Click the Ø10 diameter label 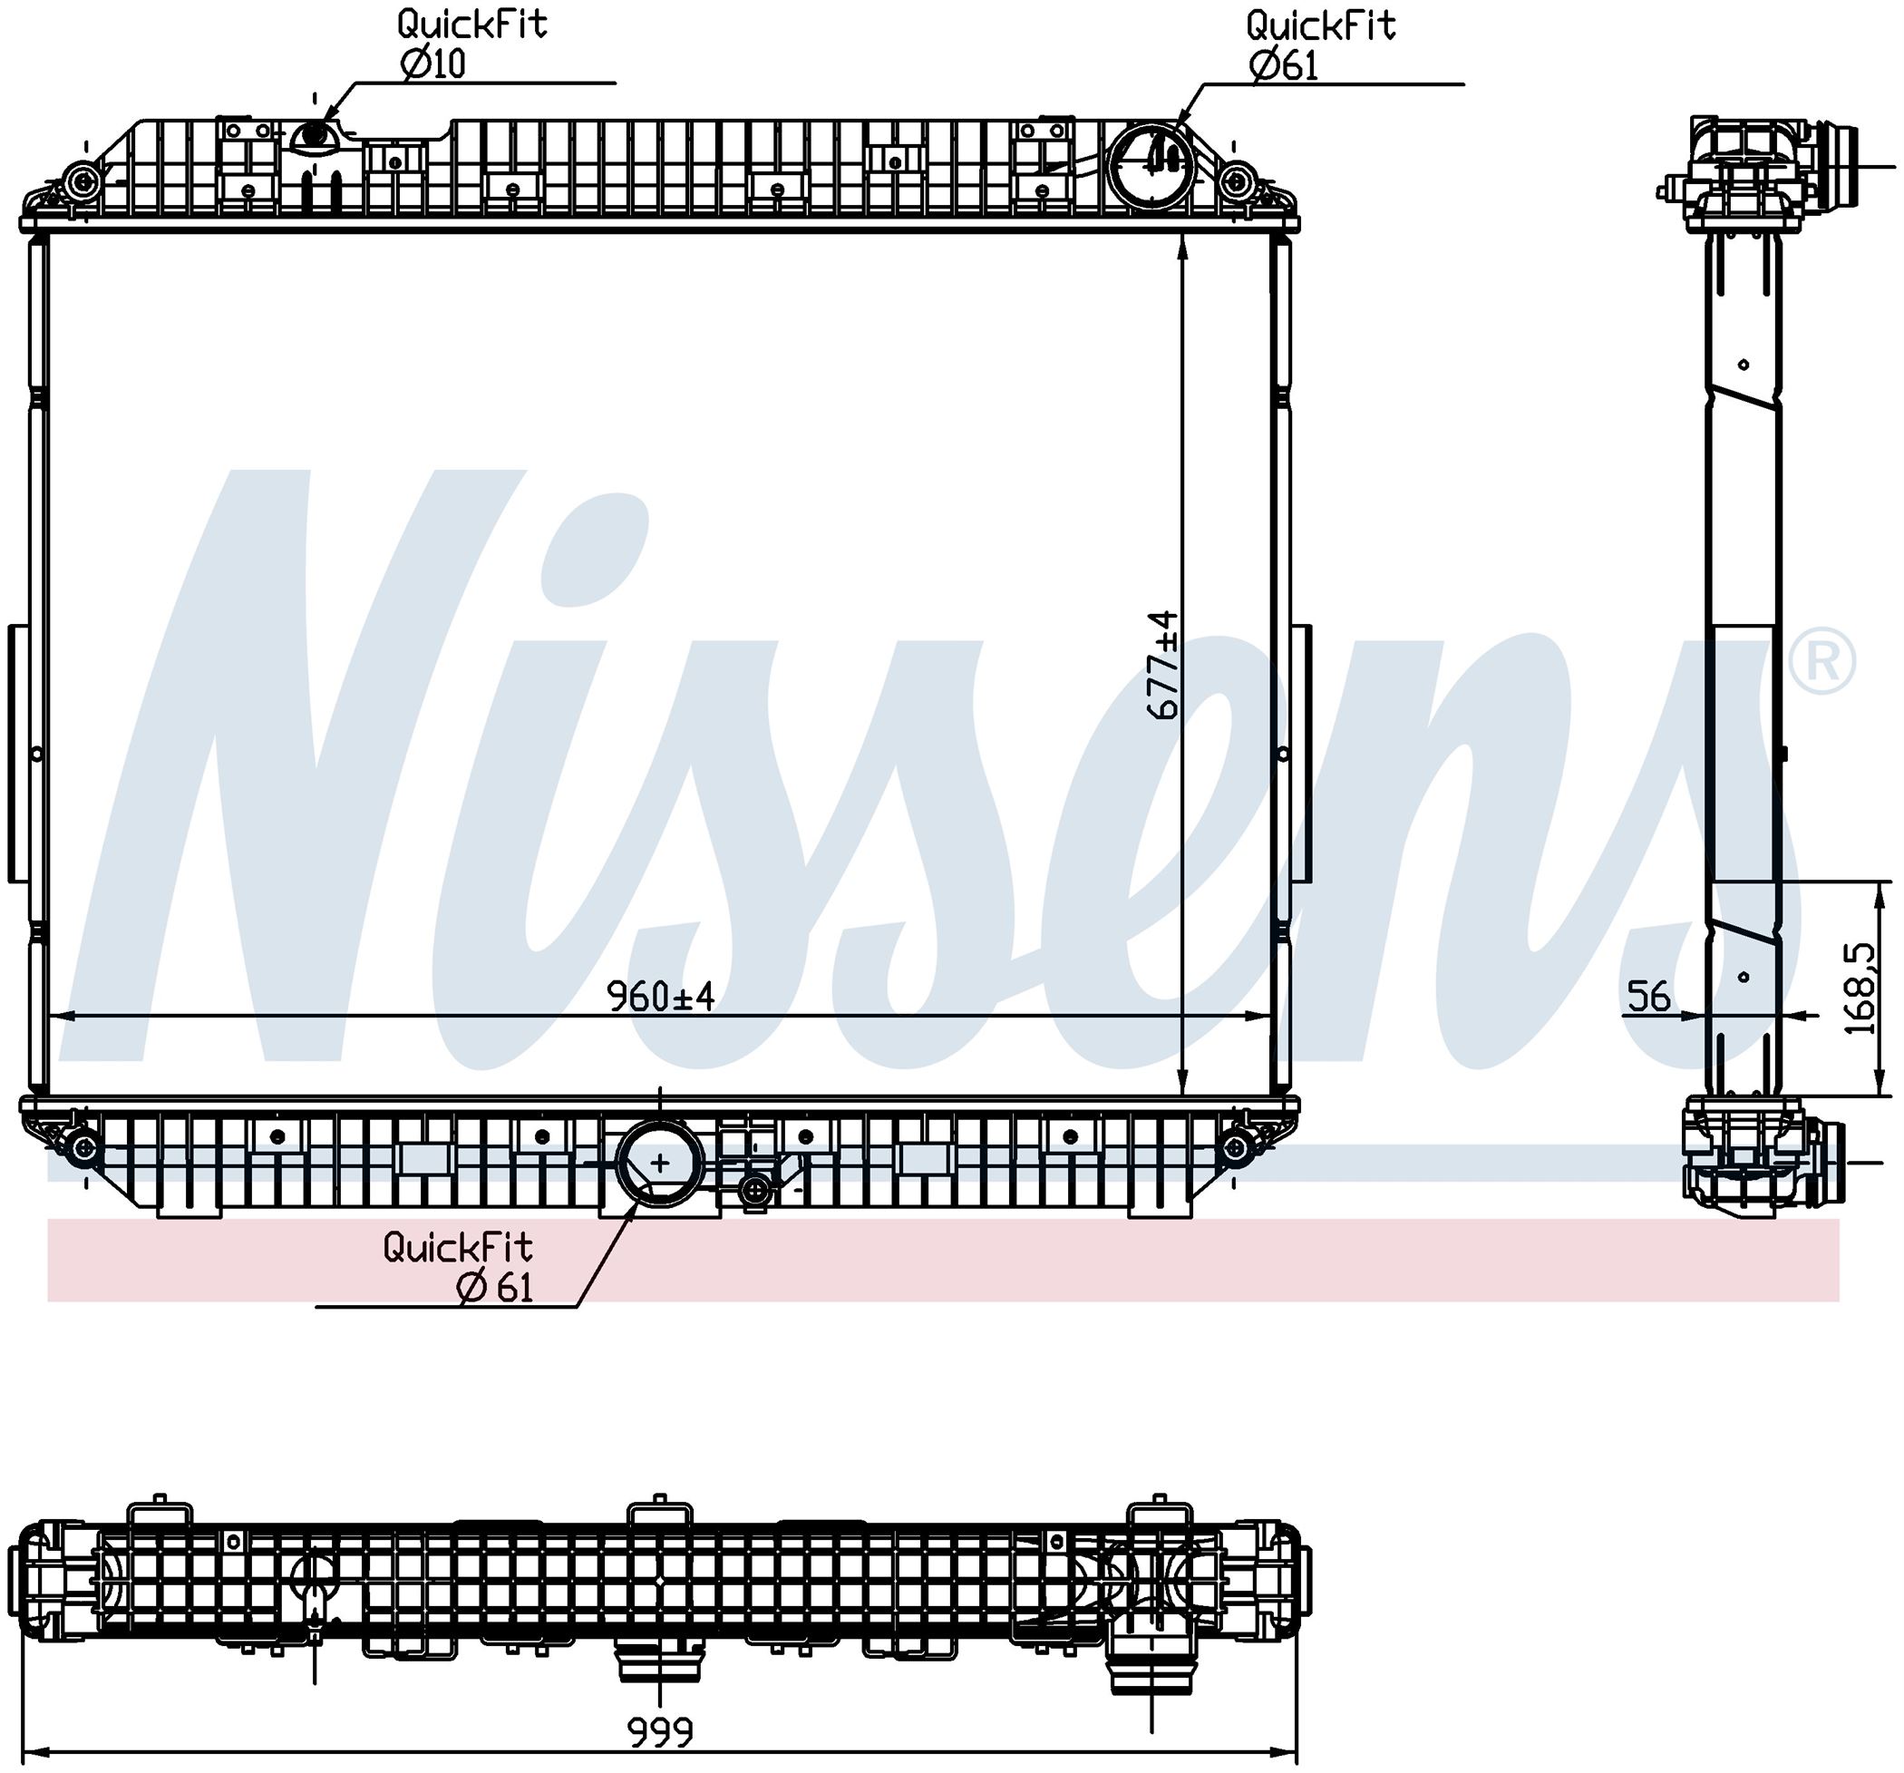click(432, 64)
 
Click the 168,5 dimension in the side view click(1859, 989)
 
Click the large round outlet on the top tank click(1154, 167)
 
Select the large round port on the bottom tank click(660, 1163)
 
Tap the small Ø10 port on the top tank click(313, 139)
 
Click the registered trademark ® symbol click(1821, 661)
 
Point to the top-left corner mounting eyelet click(82, 180)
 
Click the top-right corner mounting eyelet click(1238, 180)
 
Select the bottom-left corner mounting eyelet click(83, 1146)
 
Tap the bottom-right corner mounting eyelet click(1236, 1146)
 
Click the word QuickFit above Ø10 click(472, 24)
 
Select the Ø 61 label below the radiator click(495, 1289)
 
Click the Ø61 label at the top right click(1283, 66)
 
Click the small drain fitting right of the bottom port click(755, 1191)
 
